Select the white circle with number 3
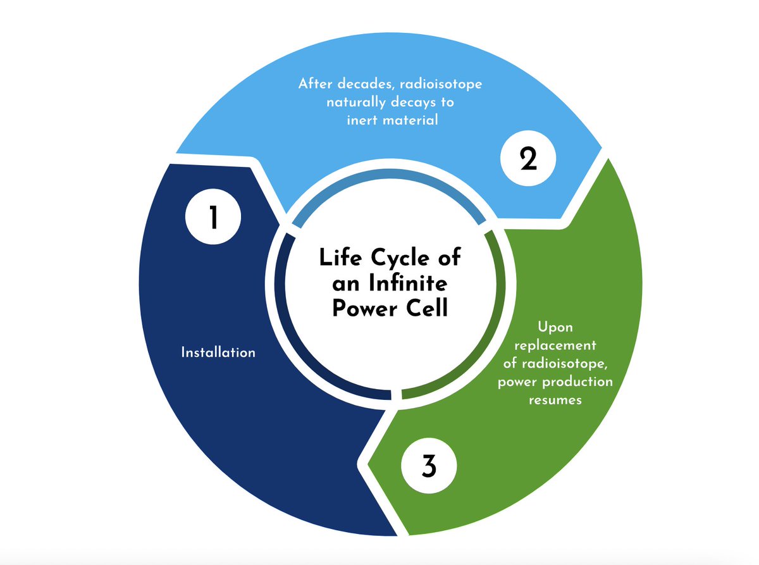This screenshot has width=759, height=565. point(428,468)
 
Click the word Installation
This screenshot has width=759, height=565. point(218,352)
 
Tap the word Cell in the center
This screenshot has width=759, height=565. point(428,309)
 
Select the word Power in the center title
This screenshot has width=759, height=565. point(368,309)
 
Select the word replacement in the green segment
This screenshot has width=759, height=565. point(555,345)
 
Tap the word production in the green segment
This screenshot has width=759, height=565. point(581,382)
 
